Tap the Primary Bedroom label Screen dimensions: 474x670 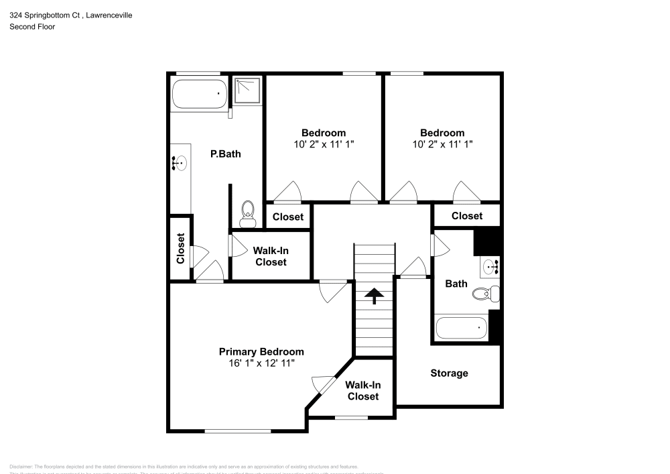click(x=261, y=352)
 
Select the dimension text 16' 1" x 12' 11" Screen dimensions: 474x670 click(x=261, y=363)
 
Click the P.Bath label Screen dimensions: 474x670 click(x=225, y=154)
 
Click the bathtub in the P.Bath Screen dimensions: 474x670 click(x=200, y=94)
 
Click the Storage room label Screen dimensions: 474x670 click(x=449, y=373)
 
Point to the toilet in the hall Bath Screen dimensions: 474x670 click(x=485, y=293)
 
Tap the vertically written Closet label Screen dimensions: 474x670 click(x=180, y=248)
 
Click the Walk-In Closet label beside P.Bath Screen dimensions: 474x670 click(x=270, y=256)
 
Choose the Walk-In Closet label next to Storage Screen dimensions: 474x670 click(x=362, y=390)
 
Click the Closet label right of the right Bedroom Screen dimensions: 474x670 click(x=466, y=216)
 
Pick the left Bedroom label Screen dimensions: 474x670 click(x=323, y=133)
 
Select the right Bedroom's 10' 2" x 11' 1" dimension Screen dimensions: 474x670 click(x=442, y=144)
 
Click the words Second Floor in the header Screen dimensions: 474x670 click(x=32, y=27)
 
